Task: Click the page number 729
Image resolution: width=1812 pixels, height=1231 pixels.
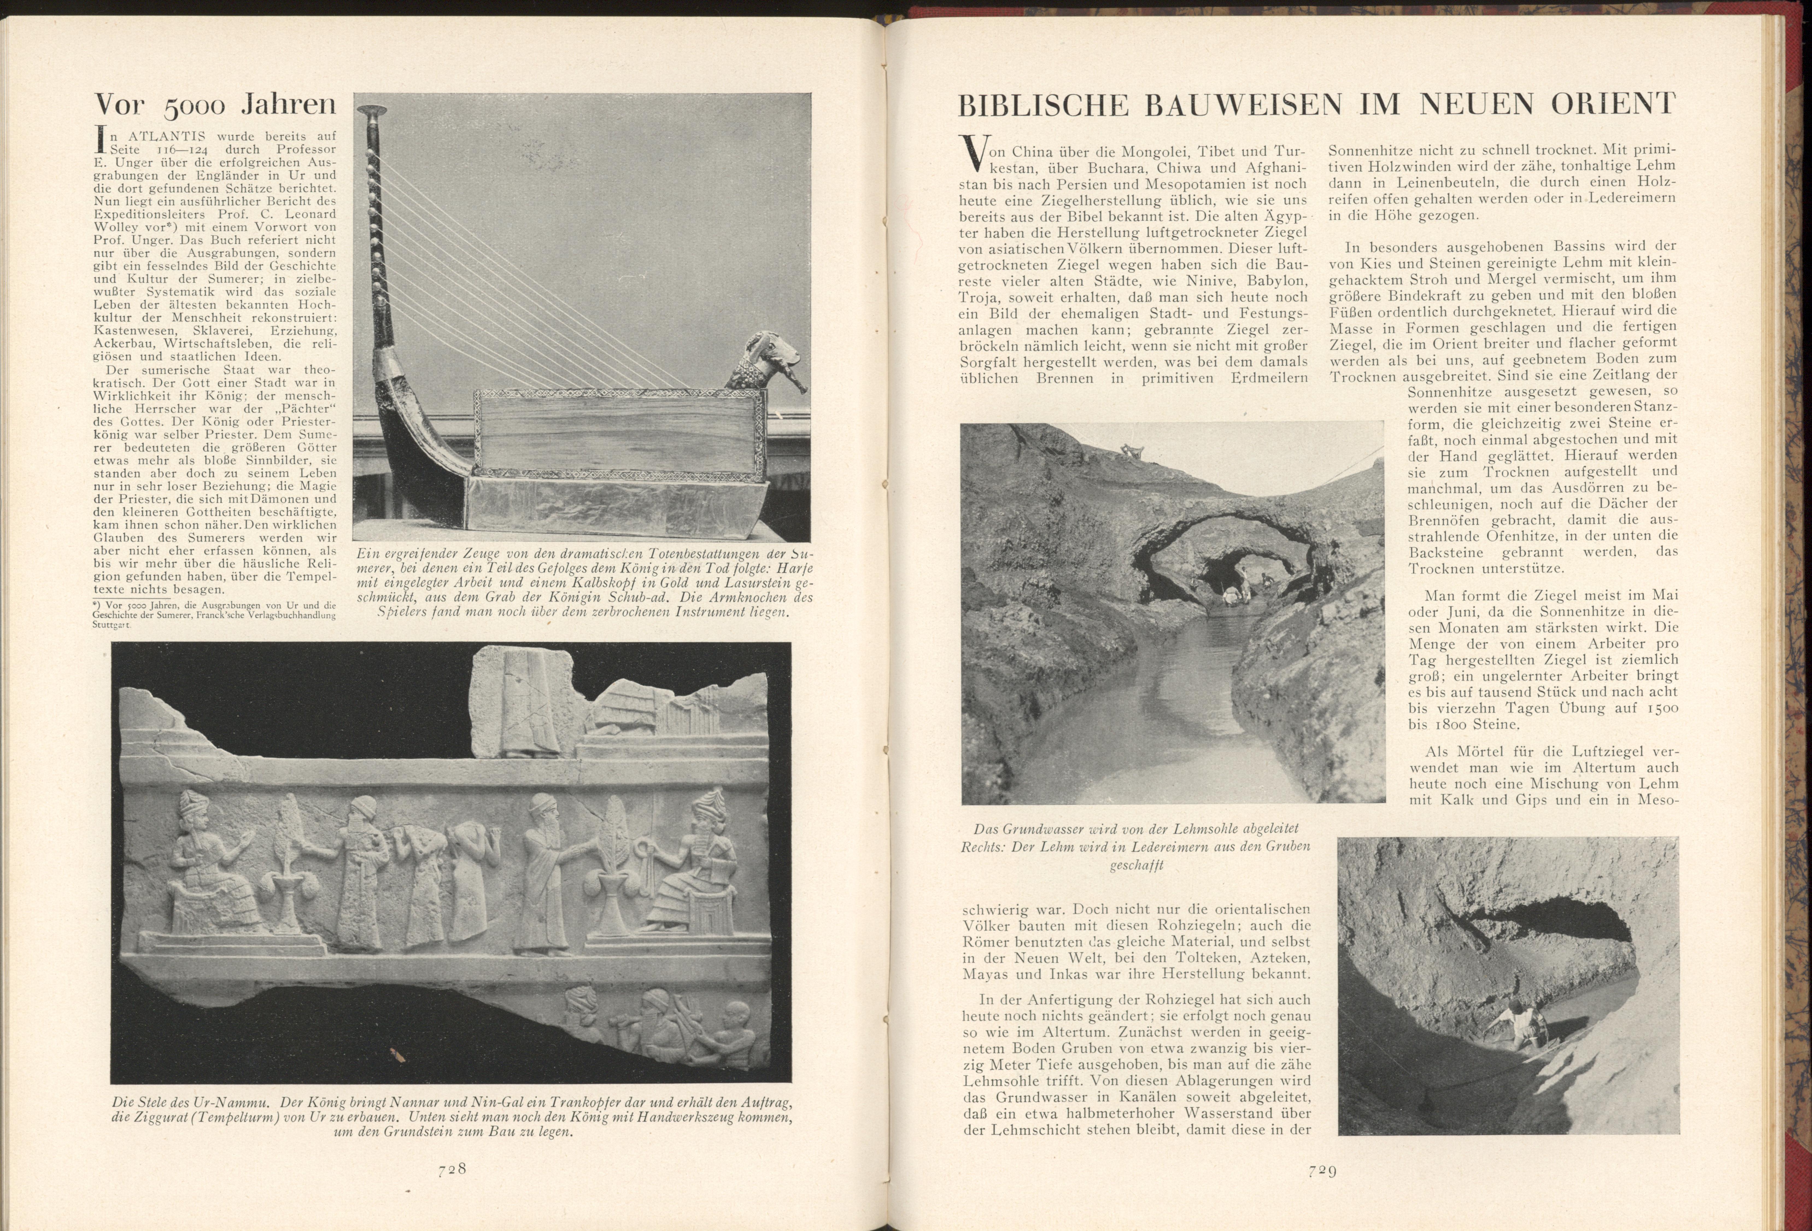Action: (1323, 1170)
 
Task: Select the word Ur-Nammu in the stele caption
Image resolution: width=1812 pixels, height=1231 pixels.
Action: (234, 1102)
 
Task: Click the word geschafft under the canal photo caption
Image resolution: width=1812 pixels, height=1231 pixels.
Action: (1137, 864)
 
